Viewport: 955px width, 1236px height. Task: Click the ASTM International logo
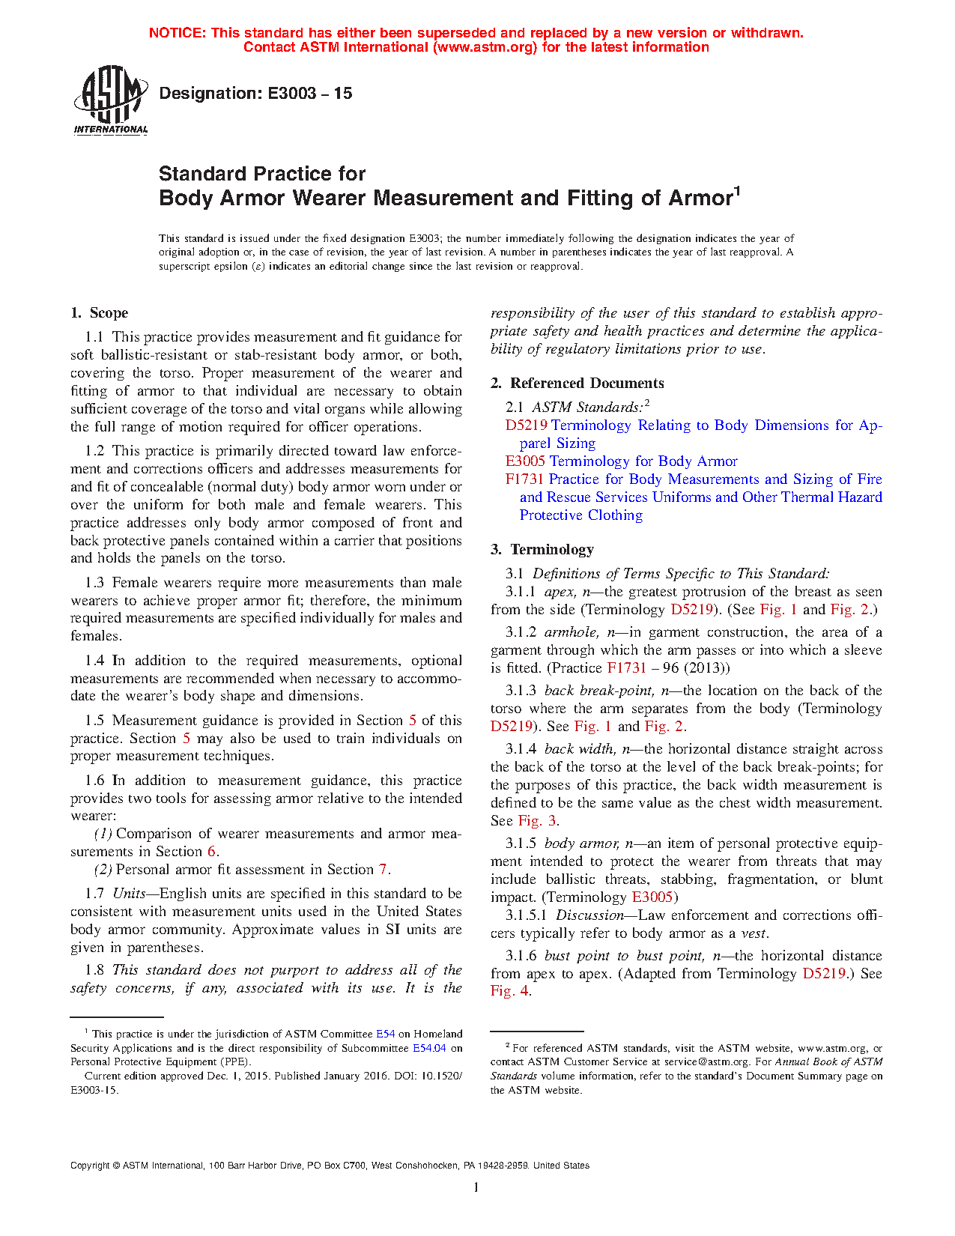coord(111,100)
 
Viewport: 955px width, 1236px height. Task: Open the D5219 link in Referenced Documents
coord(526,425)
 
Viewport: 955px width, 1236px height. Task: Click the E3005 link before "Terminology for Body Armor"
coord(525,461)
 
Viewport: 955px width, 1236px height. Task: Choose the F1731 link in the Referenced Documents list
coord(524,479)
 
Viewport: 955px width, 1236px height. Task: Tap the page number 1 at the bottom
coord(476,1187)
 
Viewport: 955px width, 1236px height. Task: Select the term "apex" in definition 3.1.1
coord(559,592)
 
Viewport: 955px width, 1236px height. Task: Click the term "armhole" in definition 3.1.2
coord(570,632)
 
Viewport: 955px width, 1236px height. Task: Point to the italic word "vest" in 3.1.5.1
coord(754,933)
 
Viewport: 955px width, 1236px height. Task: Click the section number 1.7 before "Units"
coord(94,894)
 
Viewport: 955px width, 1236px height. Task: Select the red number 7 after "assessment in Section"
coord(383,870)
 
